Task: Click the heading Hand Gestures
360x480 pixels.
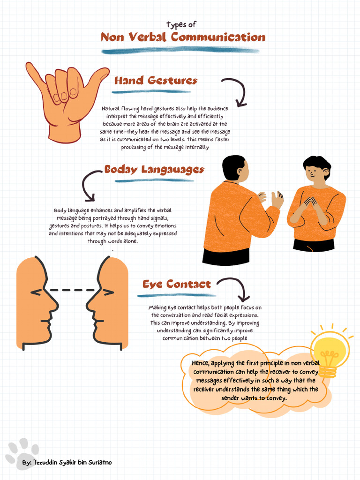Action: click(156, 81)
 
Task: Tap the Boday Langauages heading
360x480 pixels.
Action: click(154, 169)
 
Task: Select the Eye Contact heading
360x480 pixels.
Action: click(177, 284)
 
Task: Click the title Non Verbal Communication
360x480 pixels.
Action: click(183, 37)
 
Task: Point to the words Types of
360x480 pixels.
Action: click(181, 24)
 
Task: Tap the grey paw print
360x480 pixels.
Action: click(22, 452)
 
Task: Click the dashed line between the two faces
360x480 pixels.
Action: click(73, 290)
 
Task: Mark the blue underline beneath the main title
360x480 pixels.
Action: click(180, 50)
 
